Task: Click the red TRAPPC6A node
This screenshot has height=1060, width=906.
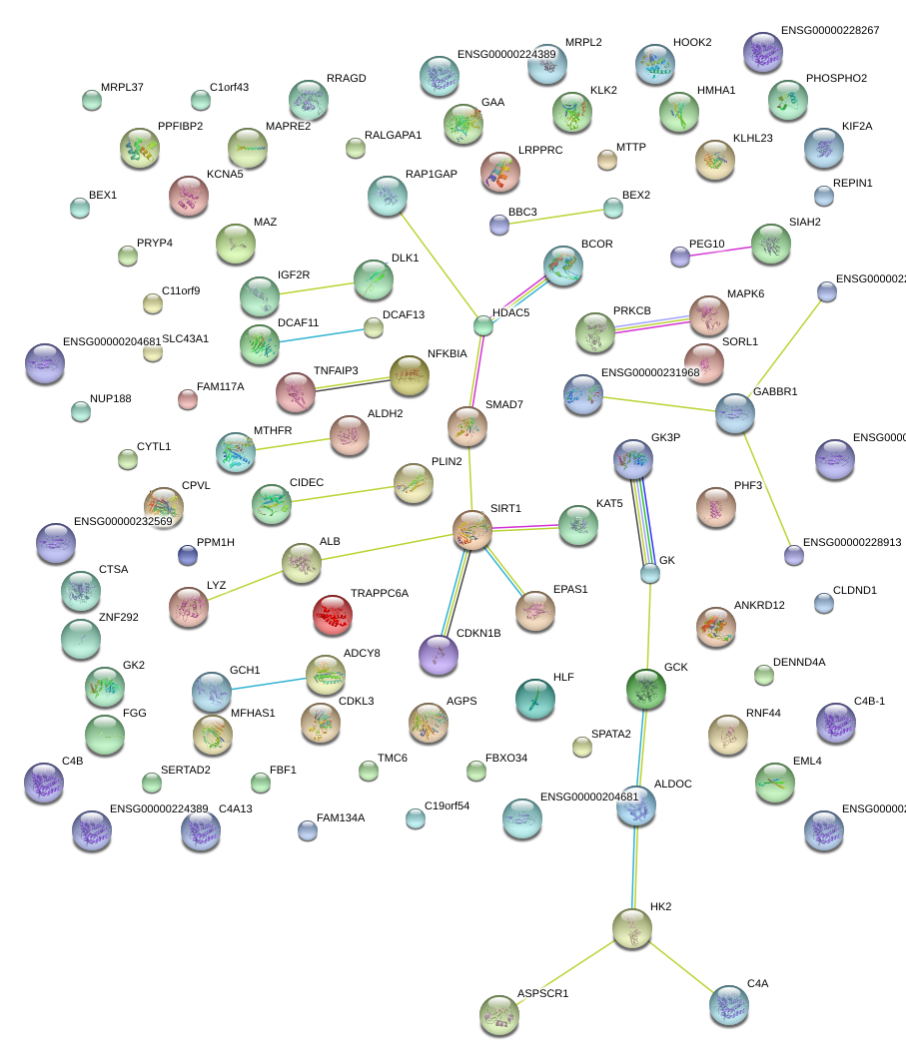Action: tap(333, 616)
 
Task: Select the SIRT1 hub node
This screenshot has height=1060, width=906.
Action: tap(472, 530)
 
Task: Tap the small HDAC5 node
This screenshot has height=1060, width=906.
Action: tap(483, 324)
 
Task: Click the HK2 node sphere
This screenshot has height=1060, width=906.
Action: tap(631, 928)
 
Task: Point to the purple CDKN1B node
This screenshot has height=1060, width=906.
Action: tap(438, 655)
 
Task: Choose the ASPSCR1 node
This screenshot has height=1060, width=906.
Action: tap(498, 1014)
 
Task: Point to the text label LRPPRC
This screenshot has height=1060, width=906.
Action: tap(540, 150)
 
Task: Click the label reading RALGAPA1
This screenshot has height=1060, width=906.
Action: tap(393, 135)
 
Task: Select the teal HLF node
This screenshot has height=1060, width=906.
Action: tap(535, 699)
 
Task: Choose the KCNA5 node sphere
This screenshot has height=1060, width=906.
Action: tap(189, 196)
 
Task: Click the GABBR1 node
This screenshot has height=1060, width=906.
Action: tap(734, 413)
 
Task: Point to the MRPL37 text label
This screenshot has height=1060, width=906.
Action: tap(122, 88)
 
